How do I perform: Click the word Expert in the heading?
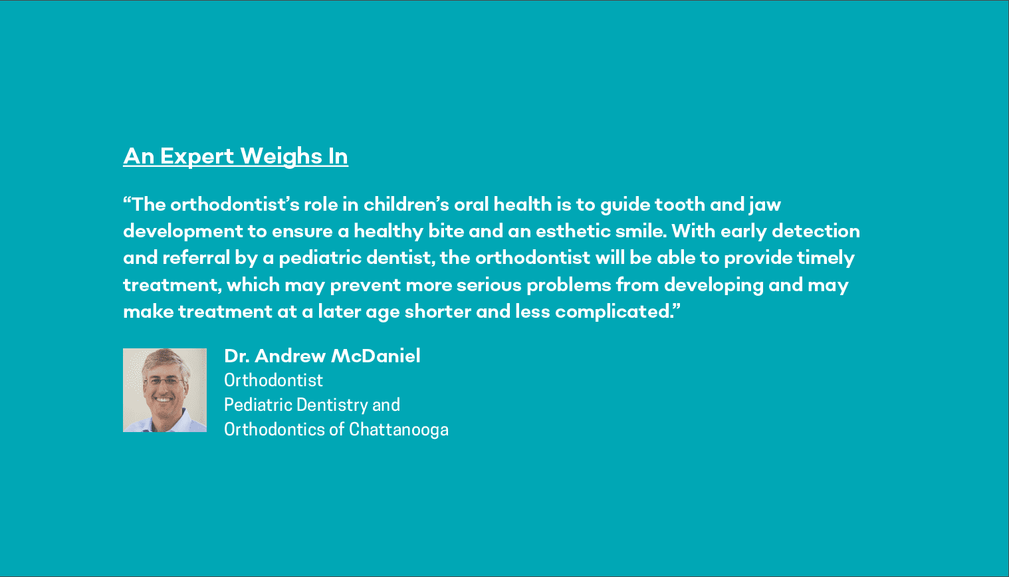(197, 157)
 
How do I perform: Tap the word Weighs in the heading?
(281, 157)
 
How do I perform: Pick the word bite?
(446, 231)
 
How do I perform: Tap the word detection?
(816, 231)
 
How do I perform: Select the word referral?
(196, 258)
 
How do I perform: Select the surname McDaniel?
(376, 356)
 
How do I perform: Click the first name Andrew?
(290, 356)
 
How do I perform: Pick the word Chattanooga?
(399, 430)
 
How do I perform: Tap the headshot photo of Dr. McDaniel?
(165, 390)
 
